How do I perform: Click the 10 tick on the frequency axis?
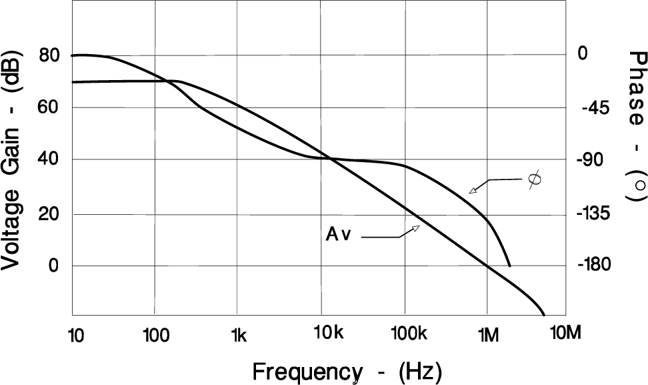pos(76,334)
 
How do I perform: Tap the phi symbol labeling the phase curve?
pos(534,179)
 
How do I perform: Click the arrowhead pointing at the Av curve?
pos(415,229)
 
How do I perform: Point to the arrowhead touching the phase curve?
pos(473,191)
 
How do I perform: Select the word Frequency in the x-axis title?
pos(307,370)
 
